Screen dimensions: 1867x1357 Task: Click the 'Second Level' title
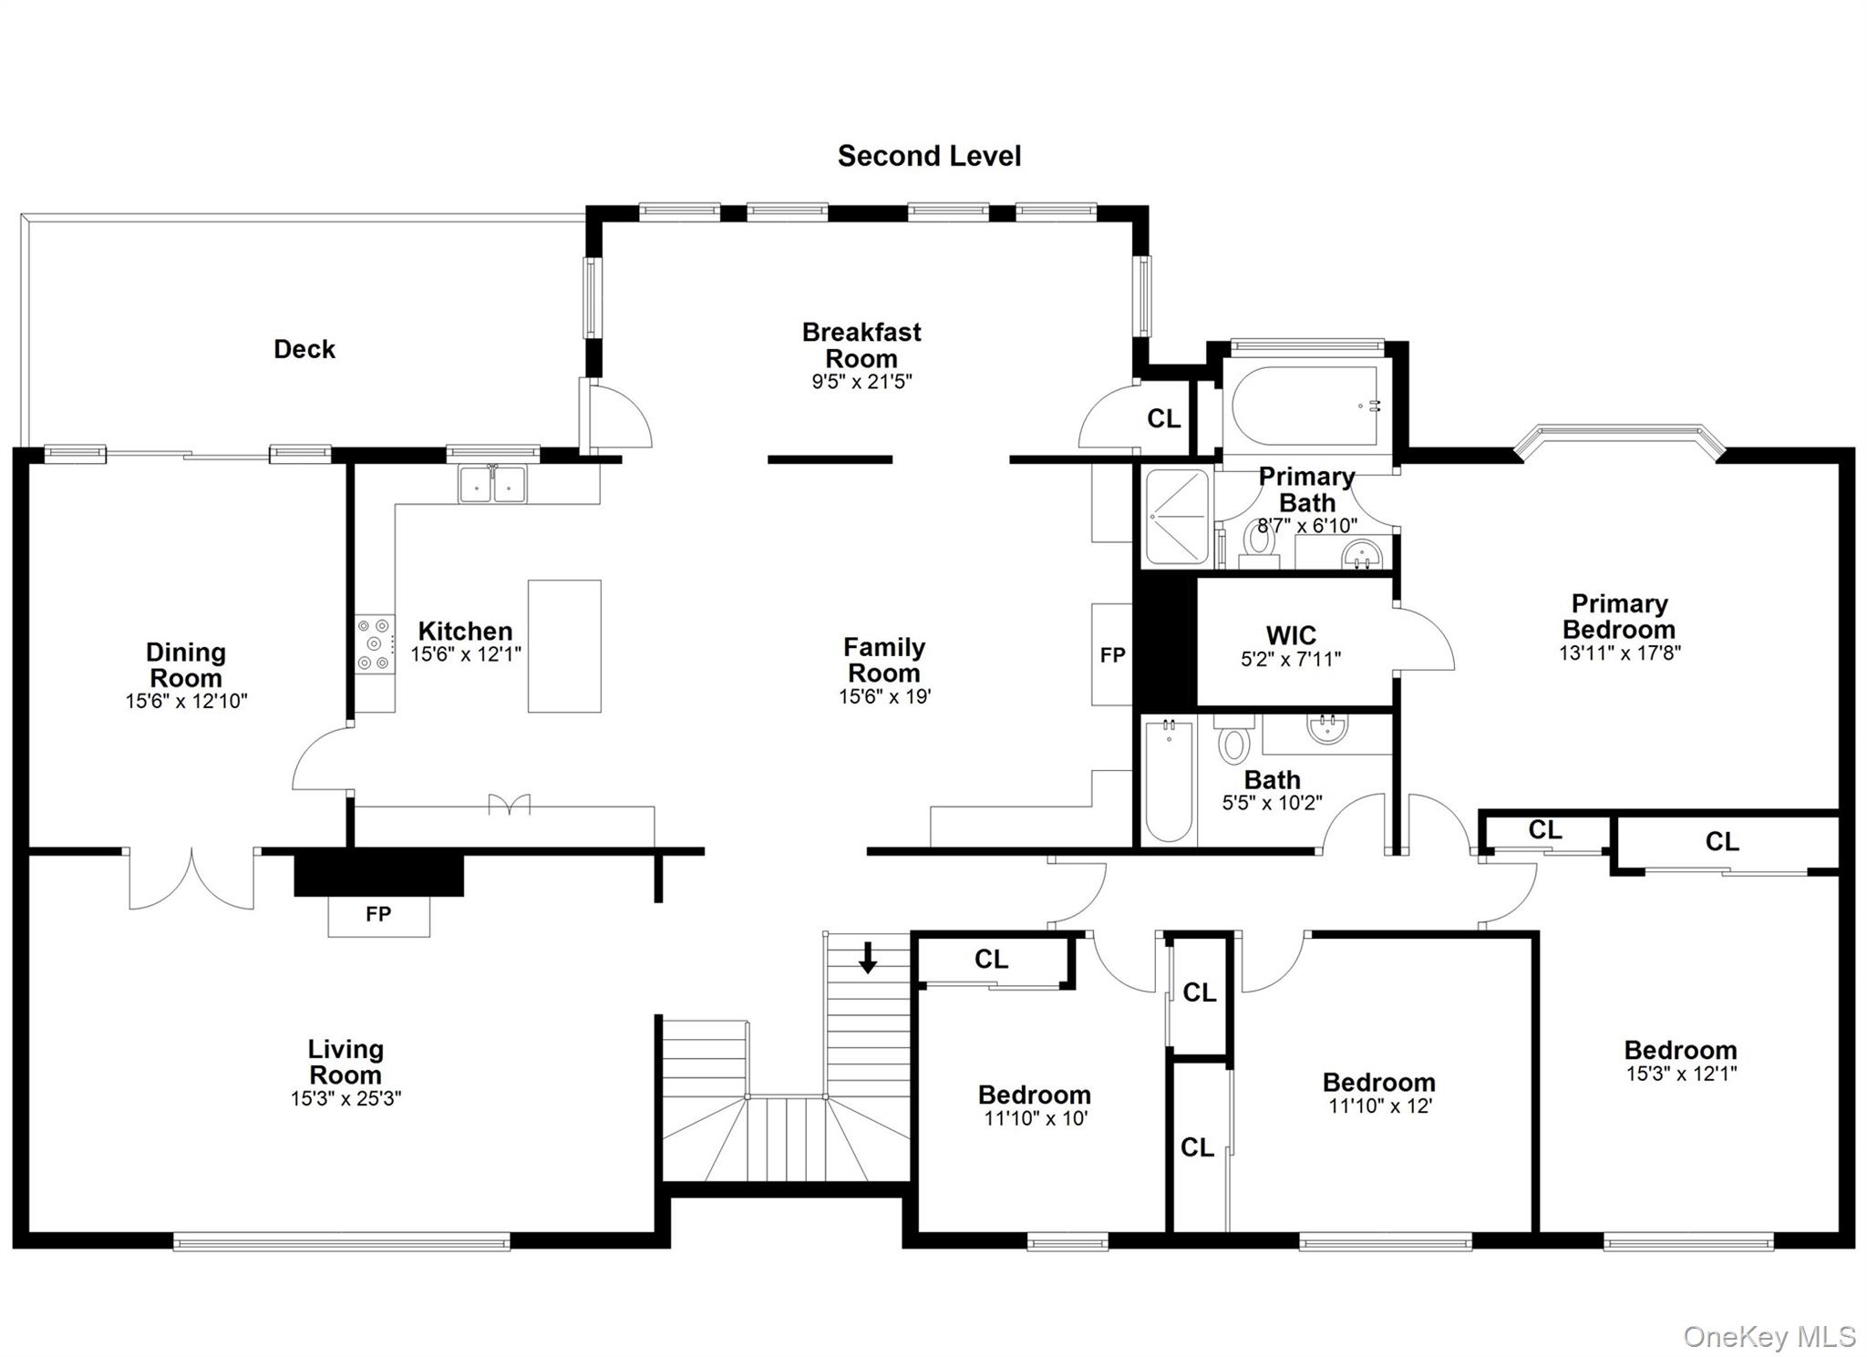click(x=929, y=157)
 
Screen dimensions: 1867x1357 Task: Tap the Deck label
click(x=304, y=349)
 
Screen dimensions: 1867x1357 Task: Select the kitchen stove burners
click(x=375, y=644)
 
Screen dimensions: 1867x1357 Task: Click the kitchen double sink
click(x=492, y=484)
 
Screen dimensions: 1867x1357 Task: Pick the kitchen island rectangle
click(x=564, y=646)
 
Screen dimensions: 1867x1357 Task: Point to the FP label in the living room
click(x=378, y=913)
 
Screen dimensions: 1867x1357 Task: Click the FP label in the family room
click(x=1112, y=654)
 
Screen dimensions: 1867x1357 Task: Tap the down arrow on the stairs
click(x=868, y=957)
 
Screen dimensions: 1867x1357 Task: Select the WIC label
click(x=1291, y=635)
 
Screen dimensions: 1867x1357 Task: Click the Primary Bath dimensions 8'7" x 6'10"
click(x=1307, y=526)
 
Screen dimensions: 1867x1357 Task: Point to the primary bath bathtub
click(x=1305, y=406)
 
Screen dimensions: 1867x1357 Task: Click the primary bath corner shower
click(x=1178, y=516)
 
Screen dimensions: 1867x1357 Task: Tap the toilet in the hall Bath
click(x=1233, y=738)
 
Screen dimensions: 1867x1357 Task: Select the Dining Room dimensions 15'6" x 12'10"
click(x=186, y=701)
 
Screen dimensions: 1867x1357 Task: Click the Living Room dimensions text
click(x=346, y=1098)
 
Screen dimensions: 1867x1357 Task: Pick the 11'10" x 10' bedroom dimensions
click(x=1035, y=1118)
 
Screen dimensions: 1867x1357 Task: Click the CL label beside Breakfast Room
click(x=1163, y=418)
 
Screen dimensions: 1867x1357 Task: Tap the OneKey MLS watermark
click(x=1769, y=1337)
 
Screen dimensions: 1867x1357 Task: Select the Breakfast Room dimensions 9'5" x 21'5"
click(x=861, y=381)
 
